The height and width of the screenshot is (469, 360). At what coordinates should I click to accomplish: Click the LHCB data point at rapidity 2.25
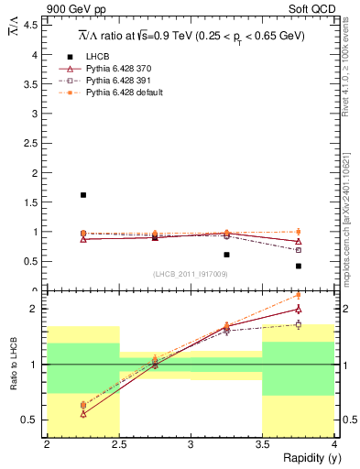coord(83,195)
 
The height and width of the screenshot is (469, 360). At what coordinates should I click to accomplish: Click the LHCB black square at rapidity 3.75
coord(299,267)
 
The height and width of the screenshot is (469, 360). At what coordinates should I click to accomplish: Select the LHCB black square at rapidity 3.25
coord(226,255)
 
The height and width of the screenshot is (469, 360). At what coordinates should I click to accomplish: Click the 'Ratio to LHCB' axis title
coord(14,354)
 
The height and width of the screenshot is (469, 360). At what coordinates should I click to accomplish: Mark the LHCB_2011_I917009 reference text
coord(190,274)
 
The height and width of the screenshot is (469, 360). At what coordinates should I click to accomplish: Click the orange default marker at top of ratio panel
coord(299,295)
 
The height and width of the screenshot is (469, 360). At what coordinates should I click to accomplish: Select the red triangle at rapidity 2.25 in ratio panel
coord(83,413)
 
